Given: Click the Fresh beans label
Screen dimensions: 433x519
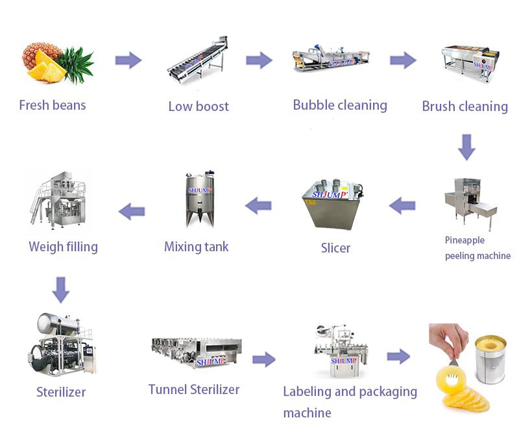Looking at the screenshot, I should (53, 105).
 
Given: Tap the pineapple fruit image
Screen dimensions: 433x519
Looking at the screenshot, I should (56, 63).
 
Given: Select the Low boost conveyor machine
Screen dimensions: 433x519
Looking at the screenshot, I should (197, 64).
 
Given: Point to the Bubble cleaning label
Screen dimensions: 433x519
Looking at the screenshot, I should (340, 105).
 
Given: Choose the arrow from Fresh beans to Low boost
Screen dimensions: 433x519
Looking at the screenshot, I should (128, 61).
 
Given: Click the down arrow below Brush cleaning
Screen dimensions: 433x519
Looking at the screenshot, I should (466, 147).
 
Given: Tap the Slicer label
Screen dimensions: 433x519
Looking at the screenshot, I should (335, 248).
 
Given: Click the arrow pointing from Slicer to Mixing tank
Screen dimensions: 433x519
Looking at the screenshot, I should (258, 206).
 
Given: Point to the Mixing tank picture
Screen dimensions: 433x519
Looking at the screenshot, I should (200, 199).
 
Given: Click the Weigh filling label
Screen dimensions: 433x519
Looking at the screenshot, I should (63, 247).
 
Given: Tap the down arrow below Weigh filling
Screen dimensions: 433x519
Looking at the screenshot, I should (61, 290).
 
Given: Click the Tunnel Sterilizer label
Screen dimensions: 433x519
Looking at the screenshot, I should (194, 390).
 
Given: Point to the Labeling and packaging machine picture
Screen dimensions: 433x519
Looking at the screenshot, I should (337, 351).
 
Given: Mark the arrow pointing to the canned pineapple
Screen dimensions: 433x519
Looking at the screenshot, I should (398, 356).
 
